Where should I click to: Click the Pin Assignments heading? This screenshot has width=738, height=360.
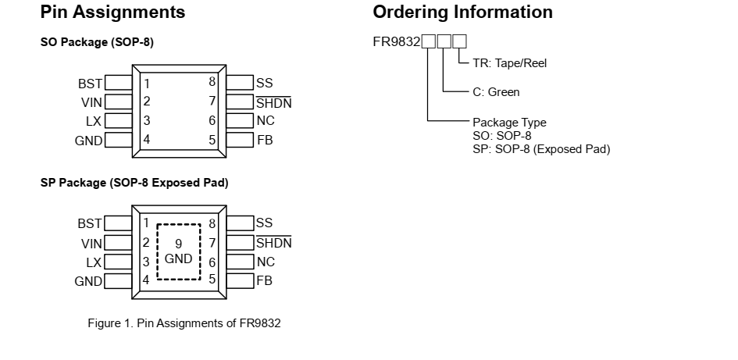click(x=112, y=12)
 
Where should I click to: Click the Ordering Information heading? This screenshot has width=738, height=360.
click(x=462, y=12)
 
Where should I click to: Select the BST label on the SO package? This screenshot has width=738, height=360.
click(x=90, y=83)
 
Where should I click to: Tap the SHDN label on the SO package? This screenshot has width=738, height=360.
click(x=274, y=102)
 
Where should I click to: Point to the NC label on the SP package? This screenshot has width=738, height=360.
click(x=266, y=262)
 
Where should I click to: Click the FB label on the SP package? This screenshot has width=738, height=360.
click(x=265, y=281)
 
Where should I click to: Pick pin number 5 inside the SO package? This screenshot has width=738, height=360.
click(x=212, y=140)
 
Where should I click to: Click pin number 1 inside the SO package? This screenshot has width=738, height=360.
click(x=146, y=83)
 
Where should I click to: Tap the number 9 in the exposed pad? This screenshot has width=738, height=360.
click(x=178, y=243)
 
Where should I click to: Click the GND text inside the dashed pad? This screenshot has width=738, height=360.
click(x=178, y=258)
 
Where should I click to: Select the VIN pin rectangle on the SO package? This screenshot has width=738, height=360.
click(x=118, y=102)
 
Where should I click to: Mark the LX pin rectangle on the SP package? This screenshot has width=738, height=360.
click(x=118, y=262)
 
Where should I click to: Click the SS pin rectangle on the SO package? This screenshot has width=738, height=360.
click(x=240, y=83)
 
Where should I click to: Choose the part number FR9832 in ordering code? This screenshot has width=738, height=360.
click(x=397, y=41)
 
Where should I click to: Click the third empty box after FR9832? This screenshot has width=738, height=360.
click(x=460, y=41)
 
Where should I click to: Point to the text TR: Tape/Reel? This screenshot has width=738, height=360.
click(x=510, y=64)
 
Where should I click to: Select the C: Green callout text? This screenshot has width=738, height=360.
click(x=496, y=92)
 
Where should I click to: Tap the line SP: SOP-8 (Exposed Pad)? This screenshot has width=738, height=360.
click(x=541, y=149)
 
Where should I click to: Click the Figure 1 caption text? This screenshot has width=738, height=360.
click(x=184, y=324)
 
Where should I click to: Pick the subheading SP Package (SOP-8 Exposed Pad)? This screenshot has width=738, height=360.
click(x=134, y=183)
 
